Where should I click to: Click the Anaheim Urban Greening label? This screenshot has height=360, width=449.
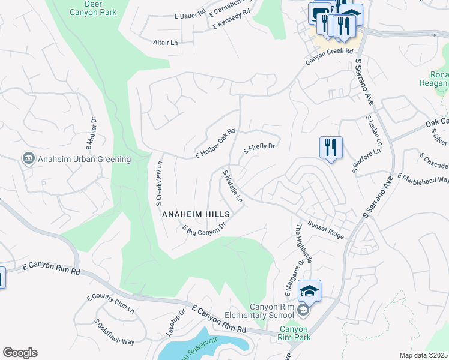click(84, 159)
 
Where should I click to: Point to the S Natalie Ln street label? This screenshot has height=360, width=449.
click(233, 185)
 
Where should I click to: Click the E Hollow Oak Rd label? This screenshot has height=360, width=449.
click(214, 144)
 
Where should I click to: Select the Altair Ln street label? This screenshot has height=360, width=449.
click(166, 43)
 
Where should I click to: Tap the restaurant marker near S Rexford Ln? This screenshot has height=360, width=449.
click(331, 147)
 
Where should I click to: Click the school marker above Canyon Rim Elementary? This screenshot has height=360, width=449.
click(309, 291)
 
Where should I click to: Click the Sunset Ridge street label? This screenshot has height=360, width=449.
click(326, 230)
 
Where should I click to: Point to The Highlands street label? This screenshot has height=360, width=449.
click(303, 244)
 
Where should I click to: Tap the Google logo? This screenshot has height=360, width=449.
click(20, 353)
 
